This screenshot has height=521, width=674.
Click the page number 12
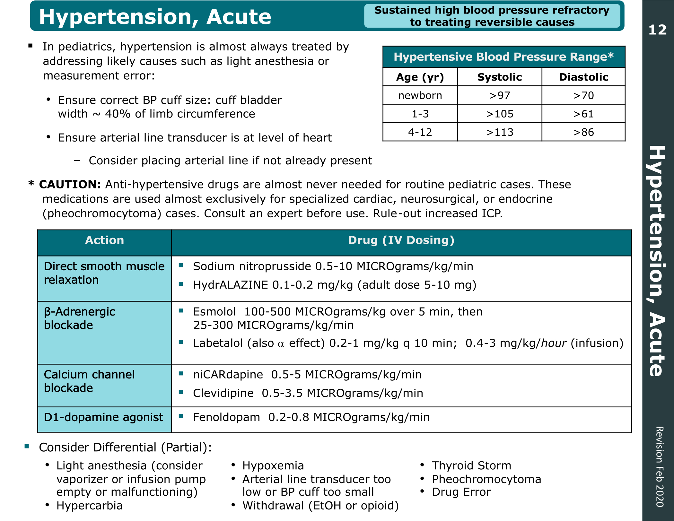[x=657, y=30]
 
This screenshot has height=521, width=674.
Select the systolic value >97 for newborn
[x=500, y=95]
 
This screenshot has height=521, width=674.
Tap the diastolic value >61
[x=583, y=114]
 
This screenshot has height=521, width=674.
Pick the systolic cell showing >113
[x=500, y=132]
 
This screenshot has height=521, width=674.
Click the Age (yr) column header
[x=420, y=77]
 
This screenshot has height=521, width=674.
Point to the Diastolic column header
[x=583, y=77]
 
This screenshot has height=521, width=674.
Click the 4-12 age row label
[x=420, y=132]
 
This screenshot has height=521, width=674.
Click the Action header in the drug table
[x=104, y=240]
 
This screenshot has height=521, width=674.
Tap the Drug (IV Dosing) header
[x=401, y=240]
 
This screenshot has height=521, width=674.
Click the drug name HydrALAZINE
[x=230, y=285]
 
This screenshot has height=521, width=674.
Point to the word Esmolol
[x=214, y=312]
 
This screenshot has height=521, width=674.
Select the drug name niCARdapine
[x=228, y=375]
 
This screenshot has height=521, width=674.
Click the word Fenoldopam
[x=226, y=417]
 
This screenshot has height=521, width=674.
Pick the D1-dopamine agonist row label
[x=103, y=417]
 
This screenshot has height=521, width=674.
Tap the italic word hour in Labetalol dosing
[x=554, y=343]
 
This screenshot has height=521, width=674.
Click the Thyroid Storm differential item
[x=471, y=465]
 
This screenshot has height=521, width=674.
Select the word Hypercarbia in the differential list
[x=89, y=506]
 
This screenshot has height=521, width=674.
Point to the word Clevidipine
[x=223, y=393]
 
